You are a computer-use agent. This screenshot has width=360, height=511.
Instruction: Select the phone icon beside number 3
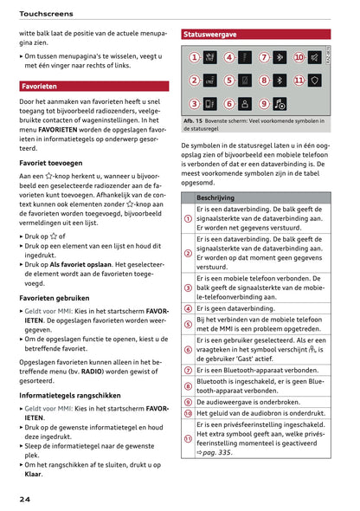click(x=209, y=103)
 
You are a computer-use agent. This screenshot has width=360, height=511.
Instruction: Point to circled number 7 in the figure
click(x=264, y=58)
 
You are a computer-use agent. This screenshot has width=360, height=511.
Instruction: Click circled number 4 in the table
click(x=188, y=308)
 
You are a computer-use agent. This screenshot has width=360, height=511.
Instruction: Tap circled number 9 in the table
click(x=188, y=402)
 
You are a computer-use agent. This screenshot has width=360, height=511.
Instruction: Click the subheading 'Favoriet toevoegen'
click(x=51, y=162)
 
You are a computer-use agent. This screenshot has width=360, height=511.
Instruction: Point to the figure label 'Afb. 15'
click(x=193, y=120)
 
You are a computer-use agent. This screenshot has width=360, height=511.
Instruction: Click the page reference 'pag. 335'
click(x=217, y=452)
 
